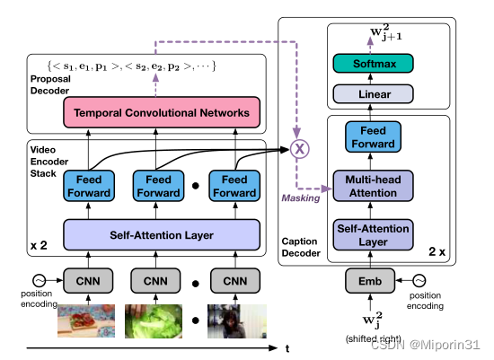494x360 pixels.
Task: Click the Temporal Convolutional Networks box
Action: pos(163,113)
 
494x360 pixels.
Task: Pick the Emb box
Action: pos(370,281)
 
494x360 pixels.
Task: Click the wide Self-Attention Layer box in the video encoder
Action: pos(162,234)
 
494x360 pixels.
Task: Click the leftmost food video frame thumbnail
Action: pos(88,321)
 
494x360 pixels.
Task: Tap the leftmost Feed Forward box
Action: pos(88,186)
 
